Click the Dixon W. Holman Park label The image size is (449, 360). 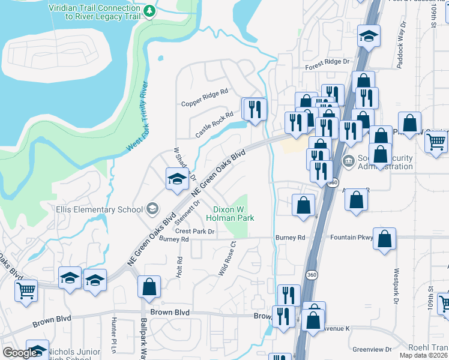pyautogui.click(x=234, y=214)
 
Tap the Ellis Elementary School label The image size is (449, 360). pyautogui.click(x=99, y=209)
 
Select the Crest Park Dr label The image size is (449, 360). pyautogui.click(x=195, y=231)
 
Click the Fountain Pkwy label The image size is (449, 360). pyautogui.click(x=351, y=238)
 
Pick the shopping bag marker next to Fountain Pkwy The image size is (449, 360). pyautogui.click(x=384, y=238)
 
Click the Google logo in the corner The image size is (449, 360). pyautogui.click(x=19, y=353)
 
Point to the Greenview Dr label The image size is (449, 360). pyautogui.click(x=372, y=349)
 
